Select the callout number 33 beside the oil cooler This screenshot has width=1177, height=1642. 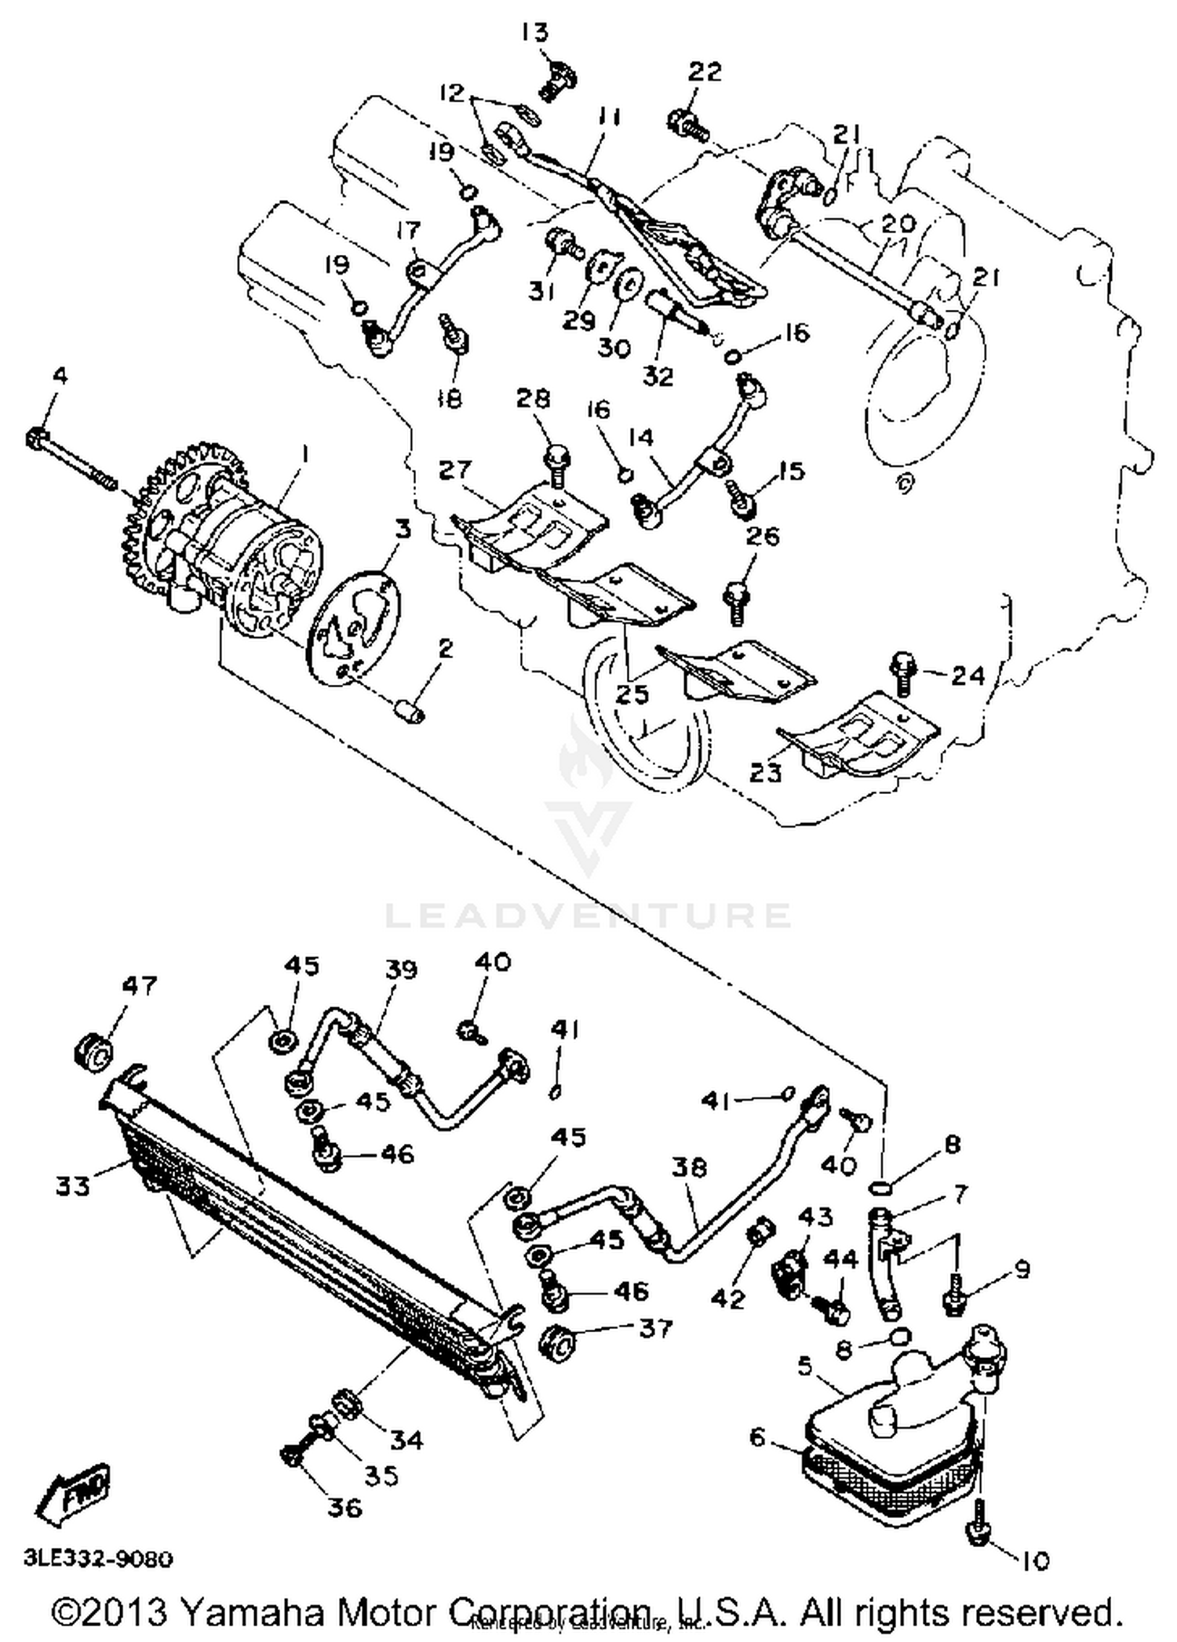click(x=73, y=1185)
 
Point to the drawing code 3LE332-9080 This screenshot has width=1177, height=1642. click(x=98, y=1558)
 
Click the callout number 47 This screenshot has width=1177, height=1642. click(x=139, y=986)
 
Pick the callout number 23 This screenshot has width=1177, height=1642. click(x=765, y=773)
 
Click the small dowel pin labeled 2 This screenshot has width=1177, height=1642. click(x=410, y=710)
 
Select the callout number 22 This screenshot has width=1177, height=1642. click(x=704, y=72)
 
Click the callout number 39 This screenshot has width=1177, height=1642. click(x=401, y=970)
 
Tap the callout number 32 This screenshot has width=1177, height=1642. click(x=657, y=377)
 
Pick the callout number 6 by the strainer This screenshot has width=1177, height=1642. click(x=756, y=1436)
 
